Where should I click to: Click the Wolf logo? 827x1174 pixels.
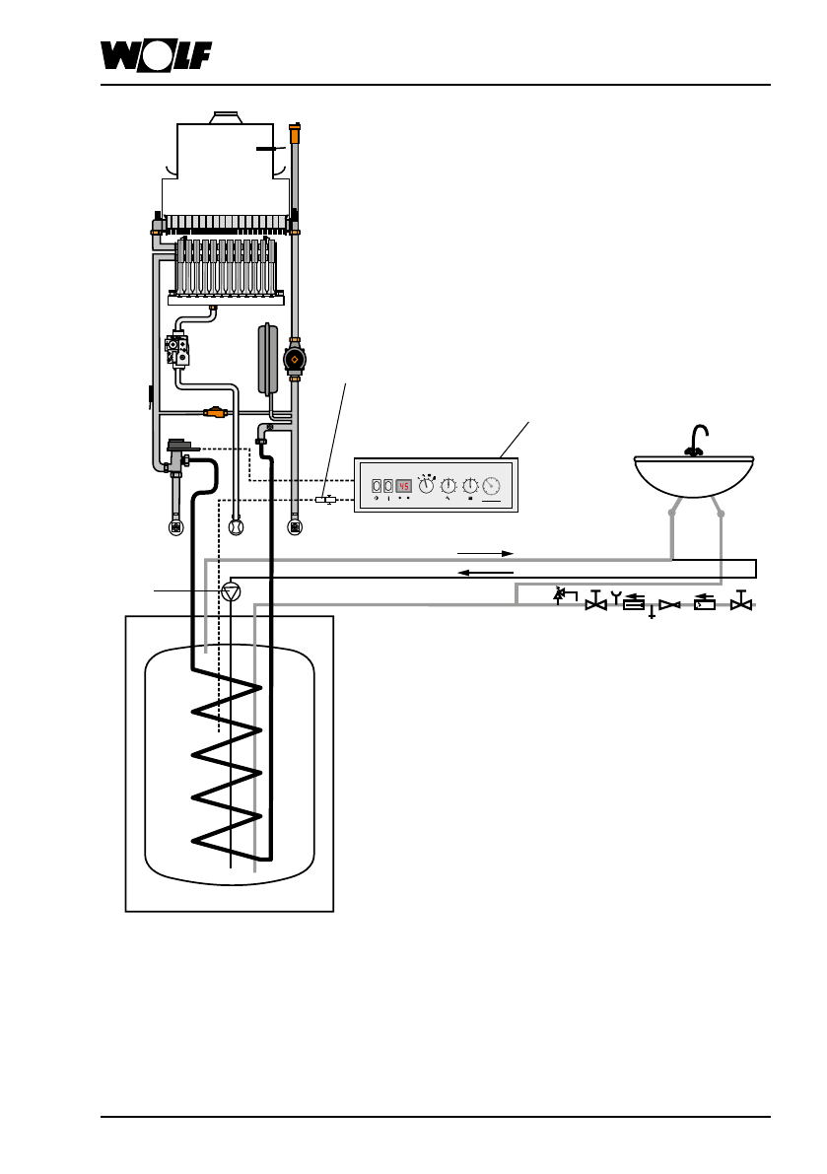tap(157, 56)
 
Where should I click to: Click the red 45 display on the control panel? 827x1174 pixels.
tap(403, 486)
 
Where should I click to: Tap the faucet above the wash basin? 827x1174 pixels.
tap(697, 441)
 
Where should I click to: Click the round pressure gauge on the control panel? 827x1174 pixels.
tap(492, 486)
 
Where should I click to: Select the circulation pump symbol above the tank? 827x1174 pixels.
tap(232, 591)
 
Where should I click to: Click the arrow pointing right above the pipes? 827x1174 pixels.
tap(485, 553)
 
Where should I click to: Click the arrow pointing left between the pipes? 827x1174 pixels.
tap(485, 573)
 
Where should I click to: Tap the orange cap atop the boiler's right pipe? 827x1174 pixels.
tap(297, 132)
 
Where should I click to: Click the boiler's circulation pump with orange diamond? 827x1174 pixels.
tap(295, 360)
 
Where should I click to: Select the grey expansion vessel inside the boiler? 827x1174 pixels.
tap(267, 359)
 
